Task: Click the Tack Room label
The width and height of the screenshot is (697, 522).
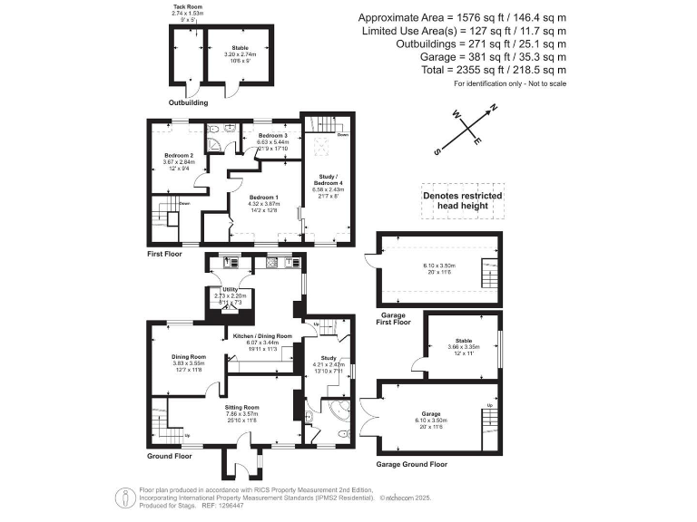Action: tap(188, 6)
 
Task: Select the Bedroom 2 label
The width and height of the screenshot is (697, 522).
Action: tap(180, 155)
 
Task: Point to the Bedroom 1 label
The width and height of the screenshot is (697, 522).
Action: tap(264, 197)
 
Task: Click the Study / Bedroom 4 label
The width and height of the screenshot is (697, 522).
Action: tap(327, 180)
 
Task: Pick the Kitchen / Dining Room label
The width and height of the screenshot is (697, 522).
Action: tap(262, 336)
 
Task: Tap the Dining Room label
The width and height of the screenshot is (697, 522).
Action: tap(189, 356)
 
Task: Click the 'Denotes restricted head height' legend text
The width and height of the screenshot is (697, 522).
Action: tap(462, 199)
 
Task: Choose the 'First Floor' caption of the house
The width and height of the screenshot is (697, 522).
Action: tap(165, 255)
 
